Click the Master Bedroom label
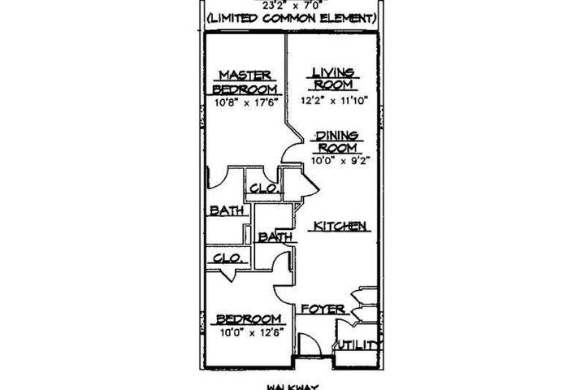[245, 82]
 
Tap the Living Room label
[333, 80]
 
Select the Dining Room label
[337, 142]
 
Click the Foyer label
[322, 310]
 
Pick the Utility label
[358, 345]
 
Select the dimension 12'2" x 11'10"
[336, 101]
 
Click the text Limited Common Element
[292, 17]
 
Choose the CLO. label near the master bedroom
[265, 188]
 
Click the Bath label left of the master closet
[227, 210]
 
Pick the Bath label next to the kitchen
[275, 237]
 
